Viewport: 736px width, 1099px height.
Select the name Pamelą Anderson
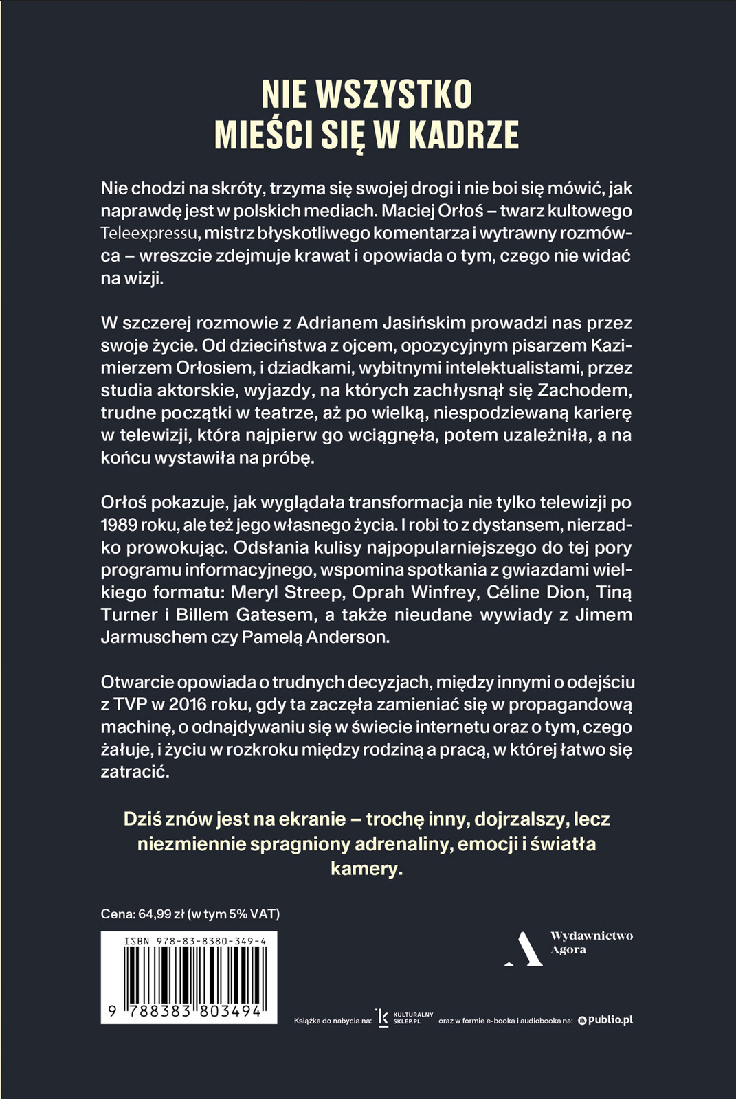coord(315,637)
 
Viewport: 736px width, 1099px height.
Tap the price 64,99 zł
coord(161,914)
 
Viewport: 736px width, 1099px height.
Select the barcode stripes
coord(188,975)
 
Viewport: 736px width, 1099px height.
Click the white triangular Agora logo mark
coord(524,949)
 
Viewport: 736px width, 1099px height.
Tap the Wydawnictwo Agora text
coord(591,942)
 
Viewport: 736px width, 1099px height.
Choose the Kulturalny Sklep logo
coord(405,1018)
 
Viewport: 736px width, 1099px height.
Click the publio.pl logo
coord(605,1020)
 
